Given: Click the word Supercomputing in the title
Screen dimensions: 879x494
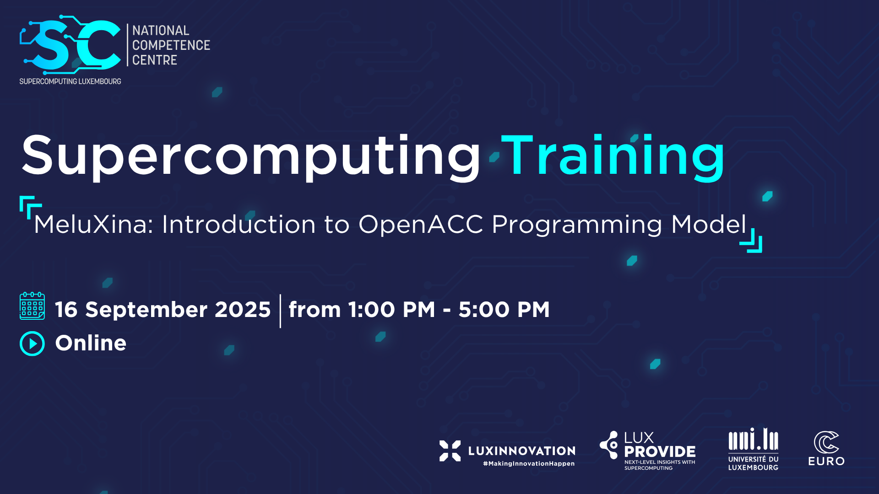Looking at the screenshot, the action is (x=251, y=156).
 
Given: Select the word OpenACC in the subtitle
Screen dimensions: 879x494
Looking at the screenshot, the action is (x=420, y=225).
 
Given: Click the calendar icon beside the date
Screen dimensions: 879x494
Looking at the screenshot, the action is (x=32, y=306).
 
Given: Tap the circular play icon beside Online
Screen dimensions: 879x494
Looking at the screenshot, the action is (x=32, y=344).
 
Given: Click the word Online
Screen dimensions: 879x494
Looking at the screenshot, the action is (x=91, y=343).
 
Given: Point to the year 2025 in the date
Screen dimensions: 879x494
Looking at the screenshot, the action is (x=243, y=310).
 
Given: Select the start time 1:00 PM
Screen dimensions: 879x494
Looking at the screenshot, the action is (x=392, y=310).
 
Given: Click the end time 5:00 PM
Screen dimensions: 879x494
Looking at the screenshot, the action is (x=504, y=310).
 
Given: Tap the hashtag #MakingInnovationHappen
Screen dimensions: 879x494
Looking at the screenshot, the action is (x=529, y=464).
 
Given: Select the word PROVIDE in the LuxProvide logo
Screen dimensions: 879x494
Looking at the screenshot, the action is (x=660, y=452).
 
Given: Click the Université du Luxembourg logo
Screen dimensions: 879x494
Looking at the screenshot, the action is (x=754, y=449).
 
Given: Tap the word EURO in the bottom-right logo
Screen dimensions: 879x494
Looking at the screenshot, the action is (x=826, y=461).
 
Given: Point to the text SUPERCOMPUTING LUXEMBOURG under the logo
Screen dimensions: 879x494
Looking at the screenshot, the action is (x=70, y=81).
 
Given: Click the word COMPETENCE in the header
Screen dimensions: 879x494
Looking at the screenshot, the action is (x=171, y=45).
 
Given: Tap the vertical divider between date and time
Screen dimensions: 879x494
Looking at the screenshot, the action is (x=280, y=311).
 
